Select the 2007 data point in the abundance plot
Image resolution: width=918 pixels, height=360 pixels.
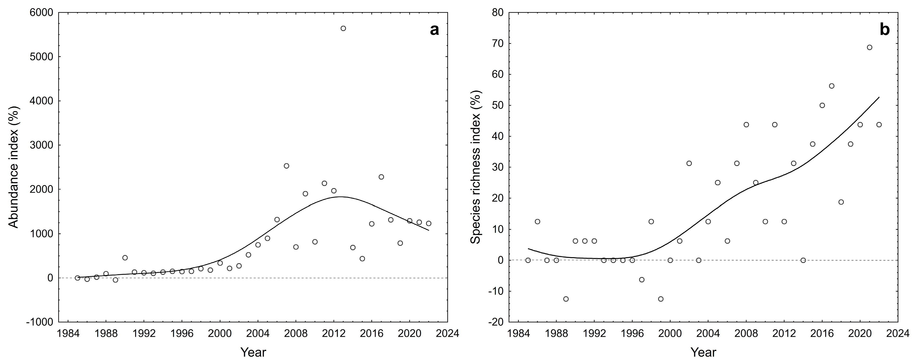pos(286,166)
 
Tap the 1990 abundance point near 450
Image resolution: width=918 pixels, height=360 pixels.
pos(125,258)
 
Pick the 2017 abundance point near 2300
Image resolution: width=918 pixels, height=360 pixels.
pos(381,177)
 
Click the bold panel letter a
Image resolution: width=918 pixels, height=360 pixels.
pos(434,30)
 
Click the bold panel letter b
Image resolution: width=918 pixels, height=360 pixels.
pos(884,30)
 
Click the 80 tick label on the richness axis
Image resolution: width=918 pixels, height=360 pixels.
pos(497,13)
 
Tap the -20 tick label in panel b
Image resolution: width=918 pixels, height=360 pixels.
pos(496,322)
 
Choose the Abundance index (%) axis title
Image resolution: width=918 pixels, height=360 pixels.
pos(13,167)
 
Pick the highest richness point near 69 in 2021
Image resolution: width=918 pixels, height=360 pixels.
pos(869,47)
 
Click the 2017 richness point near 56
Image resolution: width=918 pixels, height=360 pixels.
pos(831,86)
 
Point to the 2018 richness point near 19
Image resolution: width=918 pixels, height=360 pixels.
pos(841,202)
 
